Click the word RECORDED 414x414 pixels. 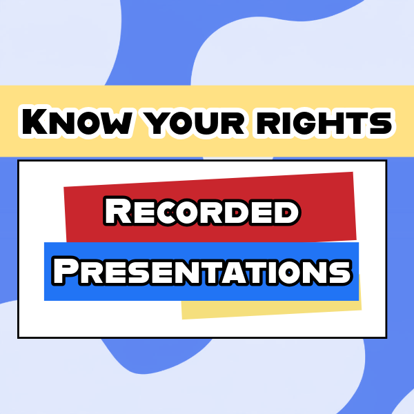[x=202, y=211]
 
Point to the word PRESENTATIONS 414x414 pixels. [x=202, y=271]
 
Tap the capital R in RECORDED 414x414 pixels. [x=118, y=210]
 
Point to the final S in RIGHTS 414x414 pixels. [x=381, y=123]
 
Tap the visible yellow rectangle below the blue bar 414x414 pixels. [x=269, y=310]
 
